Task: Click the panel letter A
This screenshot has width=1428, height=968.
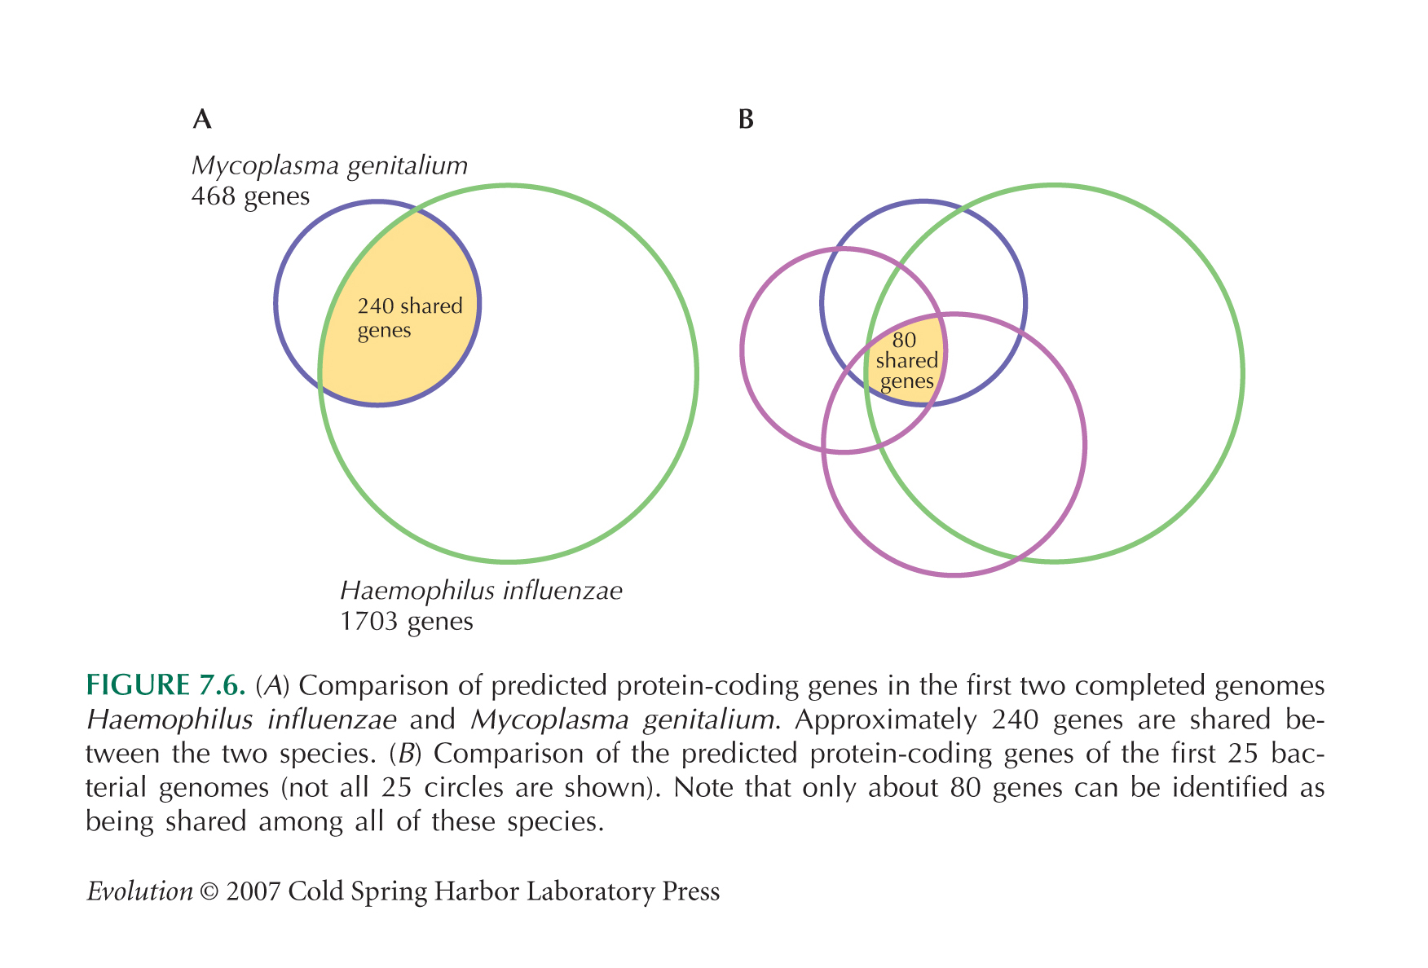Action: coord(202,120)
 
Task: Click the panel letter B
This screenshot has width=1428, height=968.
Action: coord(746,120)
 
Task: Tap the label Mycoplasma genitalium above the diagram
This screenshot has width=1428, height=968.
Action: coord(329,166)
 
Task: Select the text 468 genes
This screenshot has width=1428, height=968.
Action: coord(250,196)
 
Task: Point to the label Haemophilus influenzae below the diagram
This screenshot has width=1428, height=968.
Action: coord(481,590)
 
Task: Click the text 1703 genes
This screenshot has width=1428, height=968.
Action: coord(406,622)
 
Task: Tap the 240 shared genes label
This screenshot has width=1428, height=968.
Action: coord(410,318)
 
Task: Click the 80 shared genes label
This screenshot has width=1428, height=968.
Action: coord(906,360)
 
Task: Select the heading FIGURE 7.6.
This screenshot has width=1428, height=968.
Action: coord(165,685)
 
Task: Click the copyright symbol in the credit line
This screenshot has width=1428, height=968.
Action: coord(209,892)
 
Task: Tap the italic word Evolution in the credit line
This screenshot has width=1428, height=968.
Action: coord(139,891)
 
